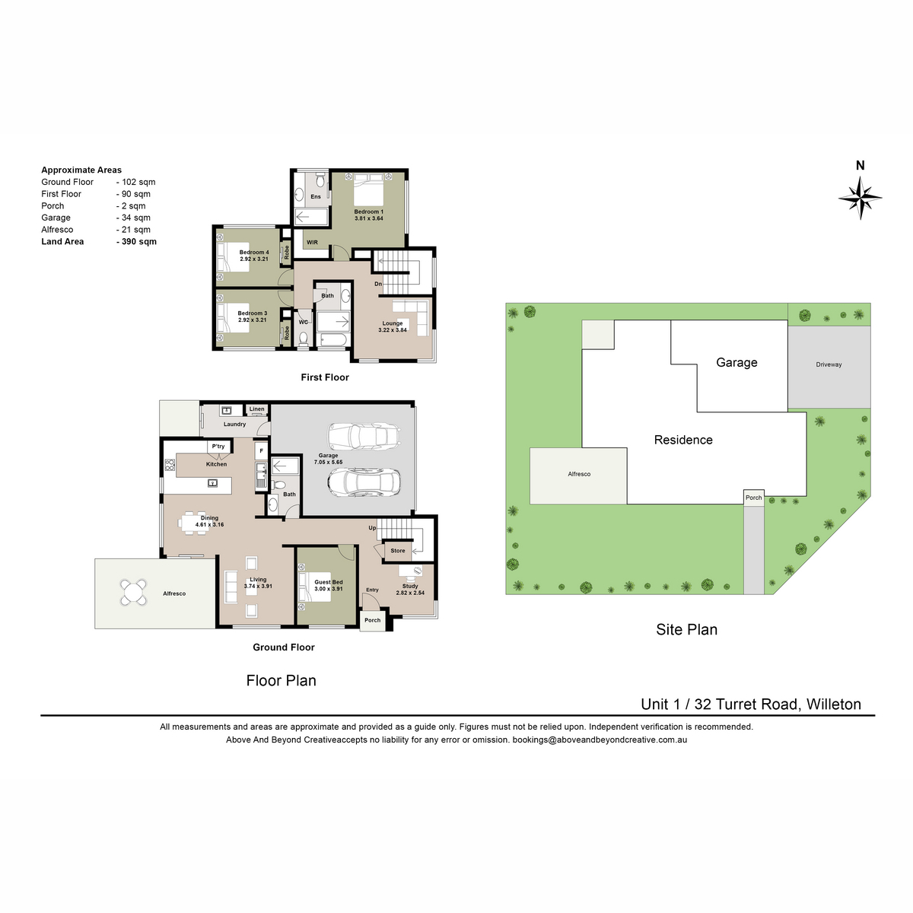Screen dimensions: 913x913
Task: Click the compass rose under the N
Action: click(x=860, y=198)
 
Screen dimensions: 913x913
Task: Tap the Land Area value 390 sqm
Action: click(x=136, y=242)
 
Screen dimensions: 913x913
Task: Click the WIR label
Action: click(x=312, y=243)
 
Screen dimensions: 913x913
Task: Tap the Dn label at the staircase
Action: click(x=378, y=285)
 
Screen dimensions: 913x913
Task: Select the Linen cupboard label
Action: click(x=257, y=409)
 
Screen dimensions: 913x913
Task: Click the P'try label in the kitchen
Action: click(x=218, y=447)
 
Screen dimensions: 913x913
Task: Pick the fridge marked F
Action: click(x=261, y=450)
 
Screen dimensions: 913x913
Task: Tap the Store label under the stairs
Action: click(x=398, y=551)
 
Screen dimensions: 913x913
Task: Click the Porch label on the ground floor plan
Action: click(x=372, y=620)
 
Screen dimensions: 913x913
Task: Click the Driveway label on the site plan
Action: click(x=829, y=364)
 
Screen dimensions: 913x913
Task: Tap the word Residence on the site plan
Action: click(x=683, y=440)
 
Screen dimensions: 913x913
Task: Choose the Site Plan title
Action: click(x=686, y=629)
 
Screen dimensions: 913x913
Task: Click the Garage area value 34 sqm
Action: click(x=134, y=218)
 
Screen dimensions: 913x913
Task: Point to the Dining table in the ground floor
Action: click(x=192, y=523)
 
